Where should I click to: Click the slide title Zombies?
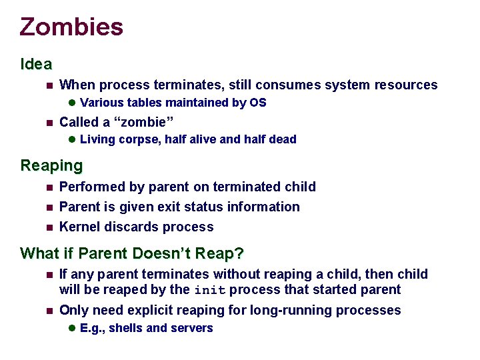point(71,27)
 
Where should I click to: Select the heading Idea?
point(36,64)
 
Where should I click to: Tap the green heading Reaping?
point(51,165)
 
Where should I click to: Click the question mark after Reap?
point(240,253)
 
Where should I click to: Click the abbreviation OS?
point(258,103)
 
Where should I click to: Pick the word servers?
point(192,328)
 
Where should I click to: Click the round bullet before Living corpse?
point(72,139)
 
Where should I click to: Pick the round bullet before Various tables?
point(72,103)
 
